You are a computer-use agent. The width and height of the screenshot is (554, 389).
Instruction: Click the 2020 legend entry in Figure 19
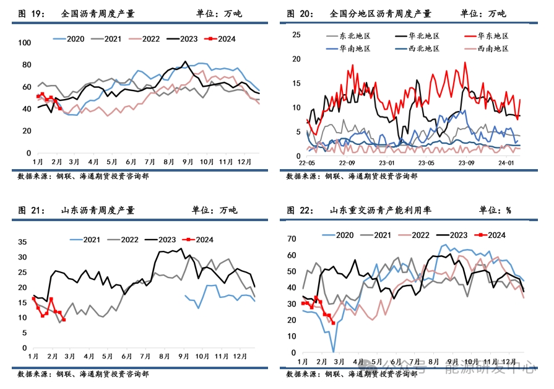pyautogui.click(x=69, y=39)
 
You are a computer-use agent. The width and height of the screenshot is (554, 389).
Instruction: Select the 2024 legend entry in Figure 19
pyautogui.click(x=220, y=39)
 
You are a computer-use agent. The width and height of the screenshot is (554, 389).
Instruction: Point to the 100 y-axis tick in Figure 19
pyautogui.click(x=25, y=43)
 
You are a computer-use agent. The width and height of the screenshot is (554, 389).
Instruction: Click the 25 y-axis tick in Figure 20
pyautogui.click(x=296, y=34)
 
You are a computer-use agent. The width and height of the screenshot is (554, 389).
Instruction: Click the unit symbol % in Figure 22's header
pyautogui.click(x=509, y=211)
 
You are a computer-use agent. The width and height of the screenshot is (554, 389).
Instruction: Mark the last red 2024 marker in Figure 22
pyautogui.click(x=333, y=323)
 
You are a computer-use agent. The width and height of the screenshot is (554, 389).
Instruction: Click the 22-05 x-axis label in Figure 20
pyautogui.click(x=308, y=164)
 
